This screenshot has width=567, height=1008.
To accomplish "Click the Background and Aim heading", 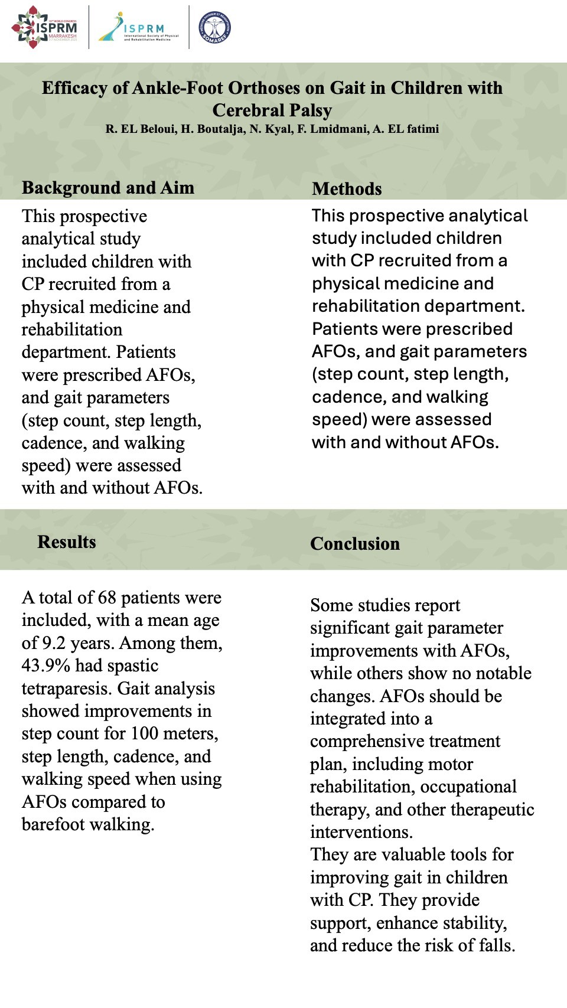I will click(x=108, y=188).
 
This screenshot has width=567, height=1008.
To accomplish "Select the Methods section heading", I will click(x=347, y=189).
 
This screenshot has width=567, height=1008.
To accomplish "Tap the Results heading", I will click(x=67, y=542).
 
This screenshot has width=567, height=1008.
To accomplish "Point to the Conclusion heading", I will click(x=355, y=544).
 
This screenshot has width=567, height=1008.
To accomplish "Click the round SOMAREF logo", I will click(x=214, y=28).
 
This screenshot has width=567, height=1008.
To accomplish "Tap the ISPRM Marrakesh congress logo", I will click(x=45, y=27).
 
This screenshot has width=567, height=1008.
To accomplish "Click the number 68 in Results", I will click(x=107, y=598).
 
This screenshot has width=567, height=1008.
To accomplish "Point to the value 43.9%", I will click(x=46, y=666).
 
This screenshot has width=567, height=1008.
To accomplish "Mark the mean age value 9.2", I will click(x=52, y=643).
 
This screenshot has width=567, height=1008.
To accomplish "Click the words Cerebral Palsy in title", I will click(x=272, y=110).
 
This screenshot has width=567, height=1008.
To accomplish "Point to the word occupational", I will click(x=468, y=787).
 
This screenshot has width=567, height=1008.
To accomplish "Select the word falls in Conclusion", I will click(x=496, y=945).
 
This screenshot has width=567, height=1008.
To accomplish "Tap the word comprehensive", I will click(x=405, y=741).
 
